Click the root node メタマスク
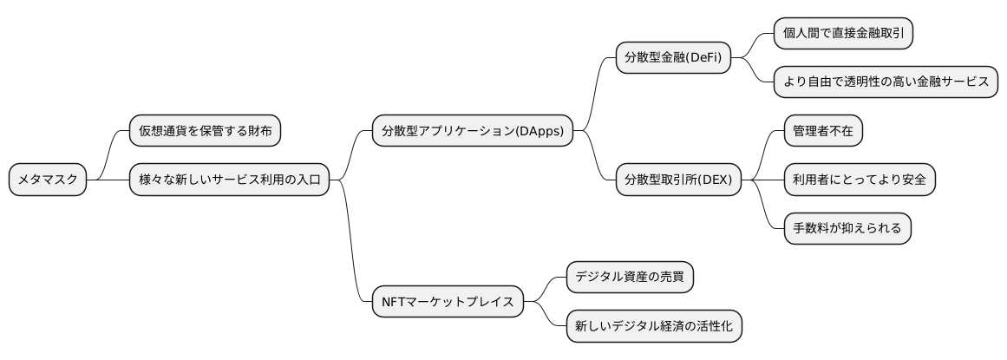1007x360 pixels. point(48,180)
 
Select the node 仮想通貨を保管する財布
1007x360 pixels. point(205,132)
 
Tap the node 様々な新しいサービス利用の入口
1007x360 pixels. point(229,180)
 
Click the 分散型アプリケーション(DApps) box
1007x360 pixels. point(472,132)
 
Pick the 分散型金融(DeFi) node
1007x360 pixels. point(672,58)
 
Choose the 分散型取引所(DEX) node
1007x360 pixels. point(678,180)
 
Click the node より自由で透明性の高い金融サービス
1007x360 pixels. point(886,82)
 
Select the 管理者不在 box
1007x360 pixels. point(822,132)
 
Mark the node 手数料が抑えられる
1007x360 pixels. point(847,229)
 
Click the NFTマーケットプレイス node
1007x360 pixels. point(448,302)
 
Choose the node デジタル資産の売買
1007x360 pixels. point(630,278)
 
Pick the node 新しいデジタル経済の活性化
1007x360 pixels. point(654,327)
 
